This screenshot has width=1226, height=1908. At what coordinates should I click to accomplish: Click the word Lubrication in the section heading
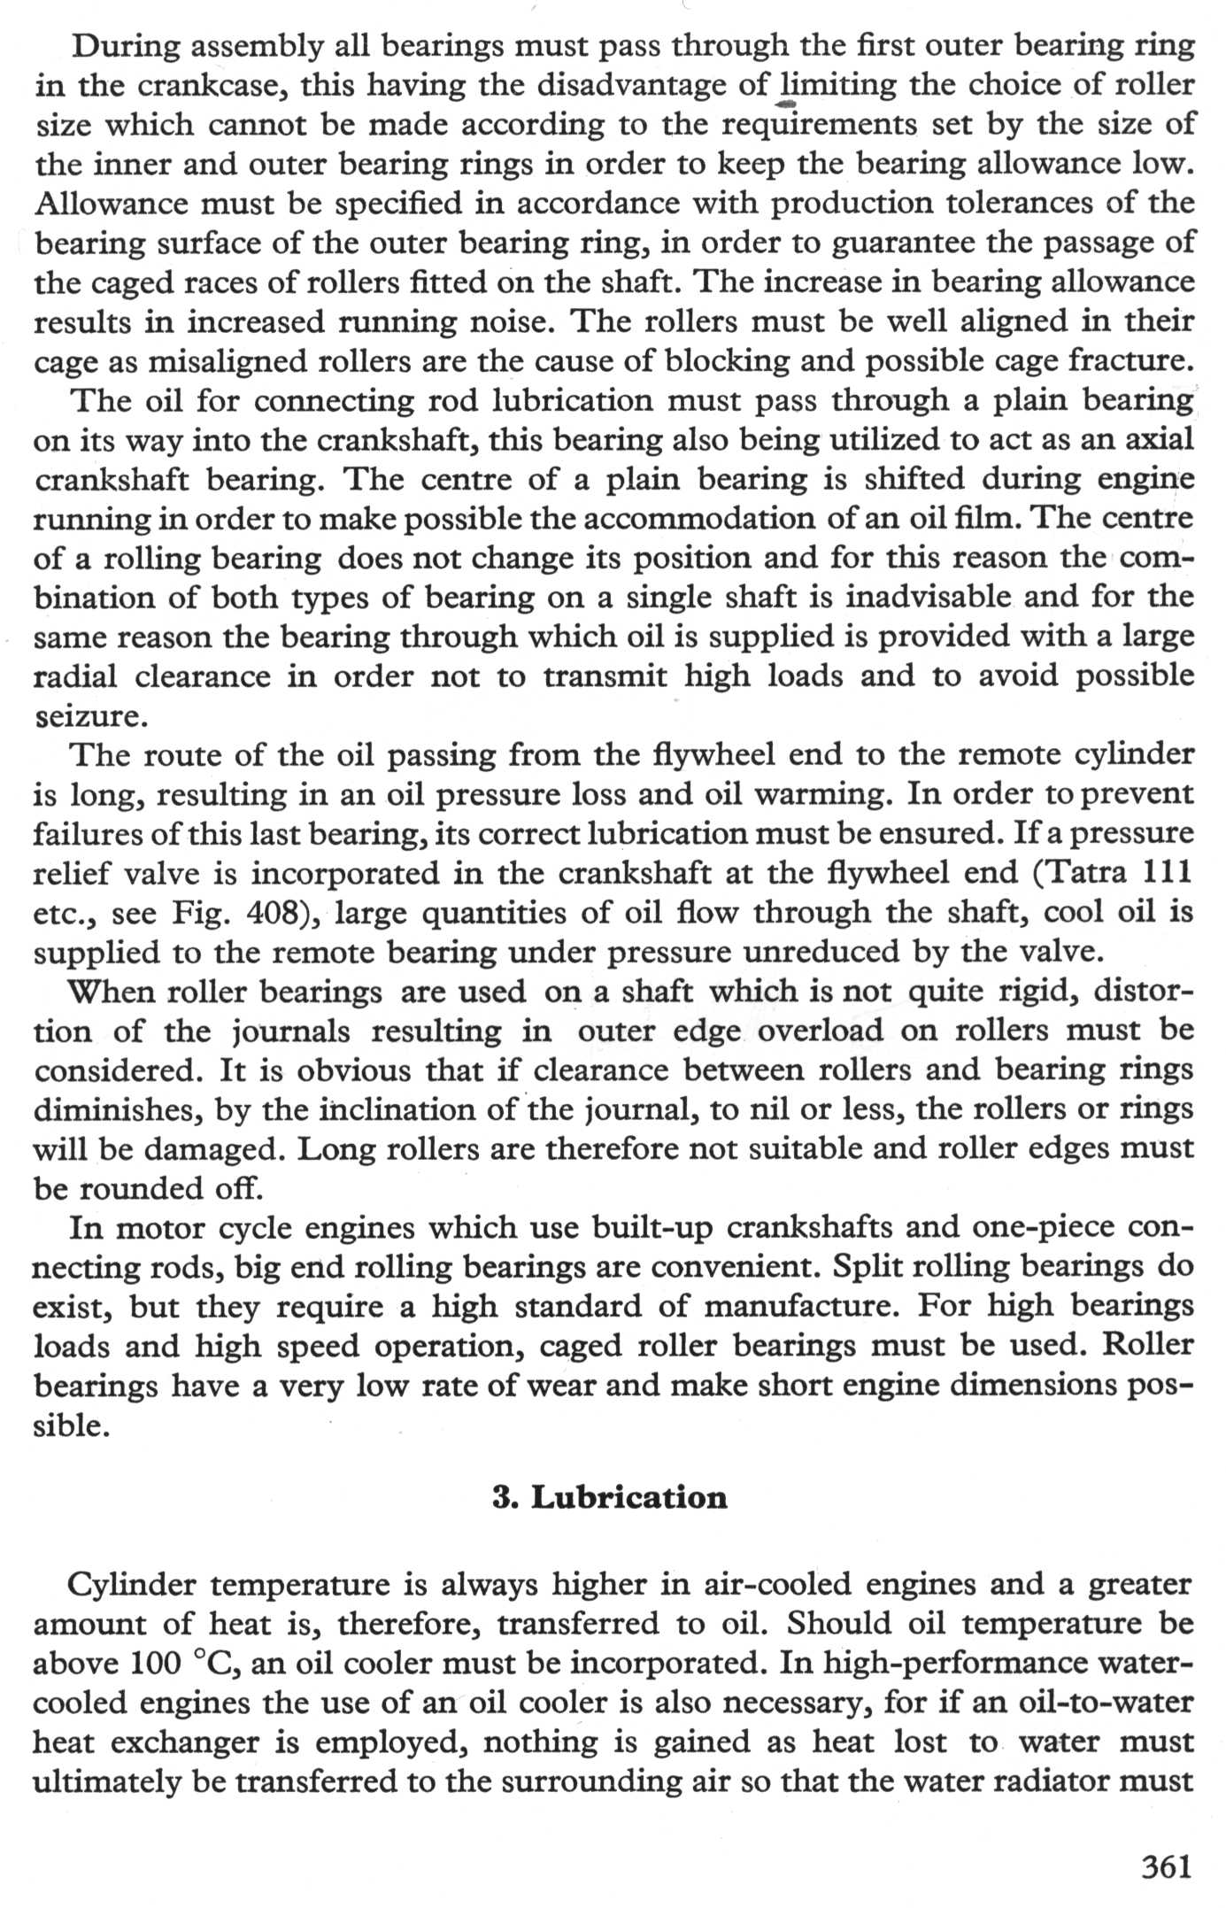[628, 1497]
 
